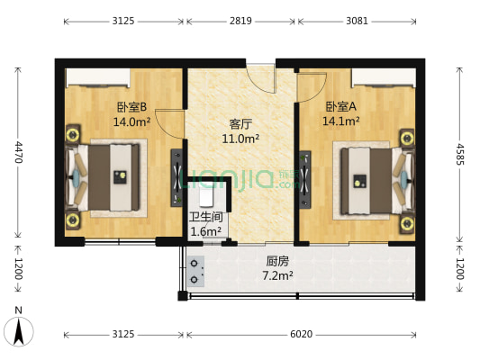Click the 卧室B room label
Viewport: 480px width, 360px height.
click(131, 106)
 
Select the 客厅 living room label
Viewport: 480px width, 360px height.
click(240, 124)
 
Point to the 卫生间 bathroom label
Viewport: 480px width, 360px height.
click(205, 217)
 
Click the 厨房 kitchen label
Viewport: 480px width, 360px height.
click(277, 261)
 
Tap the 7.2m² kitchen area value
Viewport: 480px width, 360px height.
click(277, 275)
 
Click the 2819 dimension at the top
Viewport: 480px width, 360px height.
click(240, 20)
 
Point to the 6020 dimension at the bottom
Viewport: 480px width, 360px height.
click(301, 334)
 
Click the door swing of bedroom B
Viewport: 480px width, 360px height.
click(169, 122)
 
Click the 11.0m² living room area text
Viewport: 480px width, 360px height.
click(240, 139)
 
